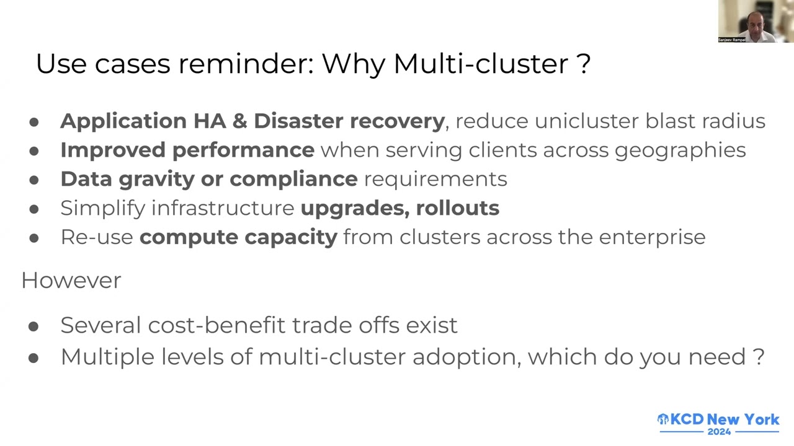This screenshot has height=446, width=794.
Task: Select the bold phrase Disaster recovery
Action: pyautogui.click(x=349, y=121)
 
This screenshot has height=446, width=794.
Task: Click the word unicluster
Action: pyautogui.click(x=586, y=121)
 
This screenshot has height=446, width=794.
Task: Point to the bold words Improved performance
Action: pyautogui.click(x=187, y=150)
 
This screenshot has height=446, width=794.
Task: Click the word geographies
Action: pyautogui.click(x=680, y=151)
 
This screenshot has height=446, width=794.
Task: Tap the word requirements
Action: pyautogui.click(x=435, y=179)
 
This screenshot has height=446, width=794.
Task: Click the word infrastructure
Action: pyautogui.click(x=223, y=208)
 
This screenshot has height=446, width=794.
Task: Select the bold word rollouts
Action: pyautogui.click(x=457, y=208)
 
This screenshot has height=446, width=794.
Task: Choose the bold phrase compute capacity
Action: pyautogui.click(x=238, y=237)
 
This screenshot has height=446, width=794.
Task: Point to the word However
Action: pyautogui.click(x=71, y=280)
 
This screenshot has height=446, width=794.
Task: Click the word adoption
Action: pyautogui.click(x=466, y=357)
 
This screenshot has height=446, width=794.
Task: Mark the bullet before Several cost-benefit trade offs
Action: pyautogui.click(x=33, y=326)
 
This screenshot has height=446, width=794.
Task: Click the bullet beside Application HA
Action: pyautogui.click(x=33, y=122)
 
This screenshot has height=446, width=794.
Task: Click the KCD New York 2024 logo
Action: pyautogui.click(x=718, y=423)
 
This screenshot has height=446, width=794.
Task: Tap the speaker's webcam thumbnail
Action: pyautogui.click(x=756, y=21)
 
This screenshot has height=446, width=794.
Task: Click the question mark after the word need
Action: pyautogui.click(x=759, y=357)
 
